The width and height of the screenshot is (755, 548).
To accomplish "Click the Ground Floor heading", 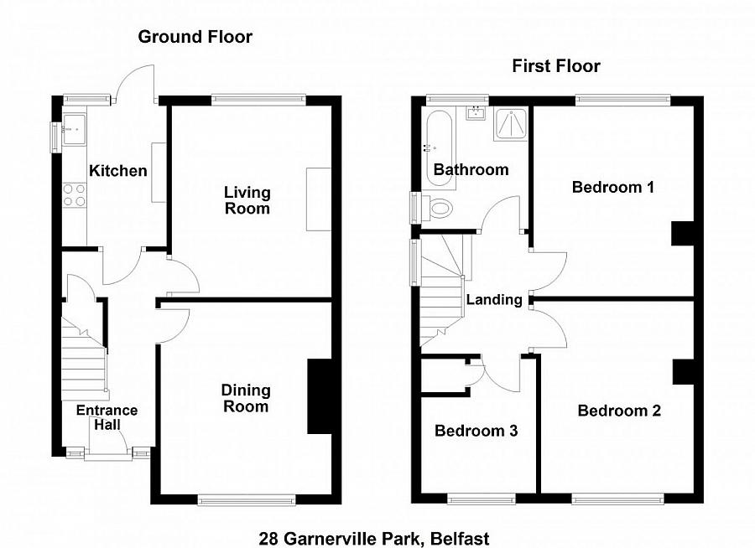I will tap(195, 36).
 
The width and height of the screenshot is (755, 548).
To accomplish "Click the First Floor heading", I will tap(556, 66).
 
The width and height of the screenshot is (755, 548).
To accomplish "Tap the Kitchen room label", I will tap(118, 171).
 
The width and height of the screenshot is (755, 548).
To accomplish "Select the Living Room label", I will tap(247, 200).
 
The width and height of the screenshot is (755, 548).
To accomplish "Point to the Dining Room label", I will tap(246, 398).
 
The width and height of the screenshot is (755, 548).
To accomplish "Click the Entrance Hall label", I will tap(107, 417).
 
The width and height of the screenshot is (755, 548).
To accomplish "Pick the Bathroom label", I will tap(471, 169).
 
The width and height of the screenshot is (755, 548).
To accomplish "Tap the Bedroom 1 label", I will tap(612, 187).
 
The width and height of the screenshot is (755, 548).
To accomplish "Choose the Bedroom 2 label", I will tap(618, 411).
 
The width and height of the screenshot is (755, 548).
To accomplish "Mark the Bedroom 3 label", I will tap(476, 431).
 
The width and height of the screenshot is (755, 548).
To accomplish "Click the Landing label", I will tap(494, 299).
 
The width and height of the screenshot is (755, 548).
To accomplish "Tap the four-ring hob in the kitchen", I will tap(75, 195).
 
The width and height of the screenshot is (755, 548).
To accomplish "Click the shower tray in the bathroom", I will tap(511, 125).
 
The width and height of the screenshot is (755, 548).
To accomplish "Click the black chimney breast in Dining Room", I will tap(318, 396).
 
